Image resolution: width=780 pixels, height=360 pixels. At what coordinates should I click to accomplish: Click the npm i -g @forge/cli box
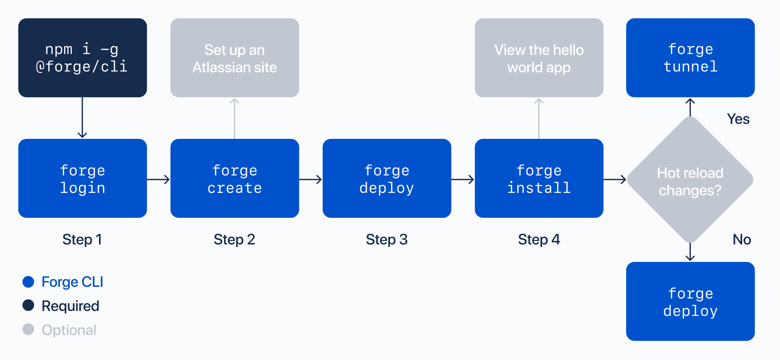[x=82, y=58]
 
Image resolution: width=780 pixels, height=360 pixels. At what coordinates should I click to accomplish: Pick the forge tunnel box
[x=690, y=58]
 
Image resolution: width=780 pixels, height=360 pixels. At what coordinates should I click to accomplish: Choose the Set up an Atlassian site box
[x=235, y=58]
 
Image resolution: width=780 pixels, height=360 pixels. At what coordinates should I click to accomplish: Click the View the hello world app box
[x=539, y=58]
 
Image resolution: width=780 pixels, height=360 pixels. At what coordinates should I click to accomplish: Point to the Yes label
[x=738, y=119]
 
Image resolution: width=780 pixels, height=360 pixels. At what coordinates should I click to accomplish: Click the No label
[x=741, y=239]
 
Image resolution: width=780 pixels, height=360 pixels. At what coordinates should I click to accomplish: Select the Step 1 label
[x=82, y=239]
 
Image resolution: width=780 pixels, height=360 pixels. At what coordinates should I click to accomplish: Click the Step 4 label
[x=539, y=239]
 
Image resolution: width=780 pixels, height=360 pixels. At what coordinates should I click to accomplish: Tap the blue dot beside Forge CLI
[x=29, y=282]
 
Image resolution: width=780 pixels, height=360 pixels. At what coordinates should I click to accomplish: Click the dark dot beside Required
[x=29, y=305]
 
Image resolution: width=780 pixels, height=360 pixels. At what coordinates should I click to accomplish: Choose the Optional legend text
[x=69, y=330]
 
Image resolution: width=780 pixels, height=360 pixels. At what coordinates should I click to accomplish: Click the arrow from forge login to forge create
[x=158, y=179]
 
